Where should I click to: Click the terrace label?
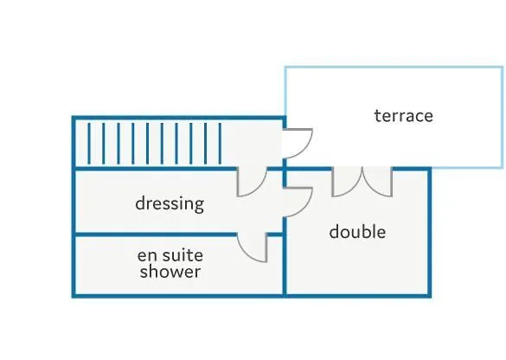[404, 116]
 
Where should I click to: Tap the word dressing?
[170, 204]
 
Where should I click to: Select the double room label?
[357, 232]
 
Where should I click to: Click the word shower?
[170, 271]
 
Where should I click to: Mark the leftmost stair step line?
[89, 144]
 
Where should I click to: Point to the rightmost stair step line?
[220, 144]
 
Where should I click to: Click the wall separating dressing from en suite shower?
[156, 235]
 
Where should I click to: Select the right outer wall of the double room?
[430, 233]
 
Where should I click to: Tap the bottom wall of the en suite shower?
[178, 295]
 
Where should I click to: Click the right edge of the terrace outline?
[503, 117]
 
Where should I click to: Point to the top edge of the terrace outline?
[394, 67]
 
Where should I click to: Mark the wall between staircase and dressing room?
[156, 169]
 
